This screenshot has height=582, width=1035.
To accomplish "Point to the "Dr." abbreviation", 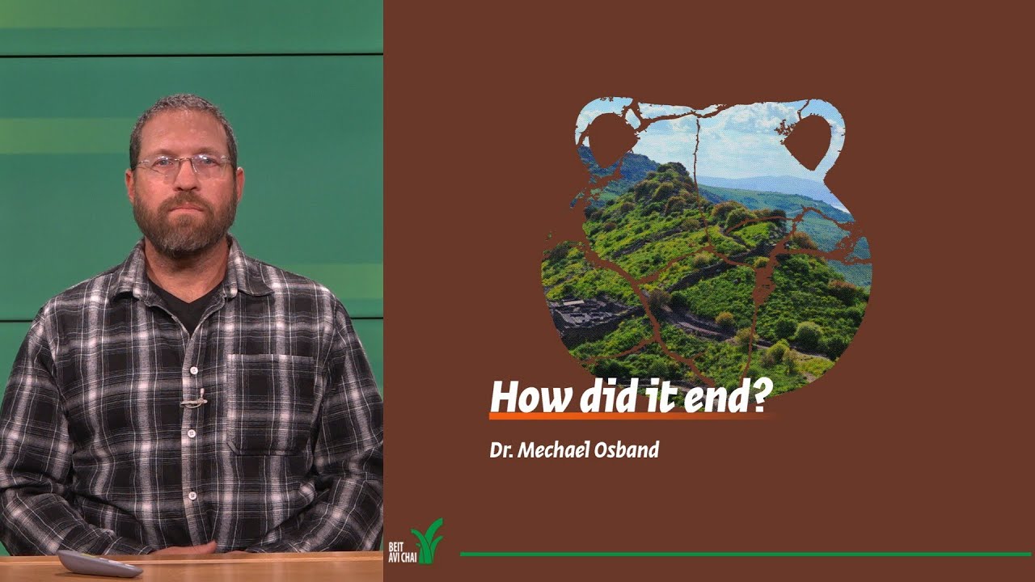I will pyautogui.click(x=500, y=449).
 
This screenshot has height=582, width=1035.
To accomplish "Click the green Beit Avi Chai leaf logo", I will pyautogui.click(x=428, y=542).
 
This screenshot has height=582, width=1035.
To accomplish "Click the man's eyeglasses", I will pyautogui.click(x=184, y=166).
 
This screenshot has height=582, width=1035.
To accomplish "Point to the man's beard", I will pyautogui.click(x=184, y=226).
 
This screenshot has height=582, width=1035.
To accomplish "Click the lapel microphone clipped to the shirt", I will pyautogui.click(x=192, y=399).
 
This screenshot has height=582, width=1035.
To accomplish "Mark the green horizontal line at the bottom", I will pyautogui.click(x=744, y=554).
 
